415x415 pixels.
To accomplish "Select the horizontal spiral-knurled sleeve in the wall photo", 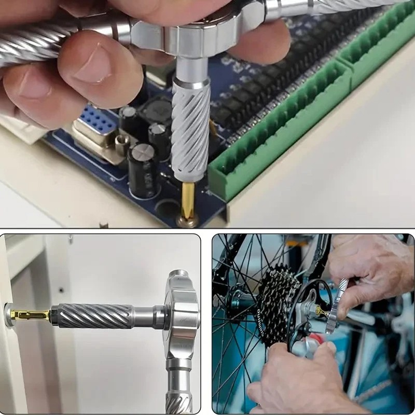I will [93, 315].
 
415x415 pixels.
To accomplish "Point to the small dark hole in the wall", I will [61, 290].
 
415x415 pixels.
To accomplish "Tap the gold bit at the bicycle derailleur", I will [321, 311].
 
